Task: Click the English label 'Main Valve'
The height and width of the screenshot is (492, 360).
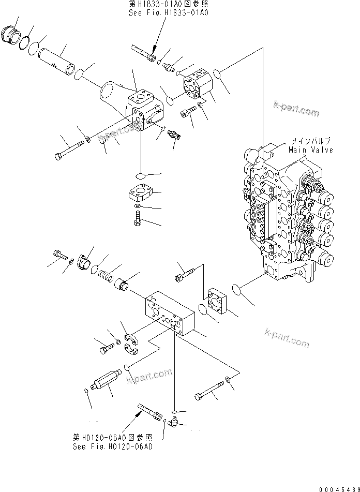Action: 311,150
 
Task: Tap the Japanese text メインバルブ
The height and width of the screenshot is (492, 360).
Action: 310,141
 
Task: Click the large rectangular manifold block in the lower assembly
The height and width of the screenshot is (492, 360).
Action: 169,317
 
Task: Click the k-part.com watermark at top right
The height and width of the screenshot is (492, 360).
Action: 297,110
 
